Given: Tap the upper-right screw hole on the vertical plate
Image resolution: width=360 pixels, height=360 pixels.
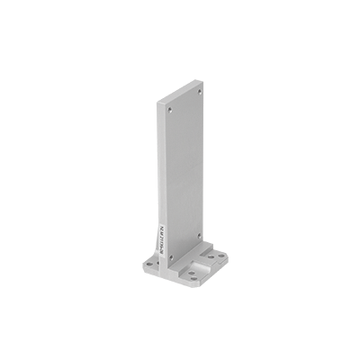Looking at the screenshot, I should pyautogui.click(x=199, y=90).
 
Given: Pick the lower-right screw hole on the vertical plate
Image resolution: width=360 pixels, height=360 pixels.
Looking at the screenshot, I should pyautogui.click(x=200, y=236).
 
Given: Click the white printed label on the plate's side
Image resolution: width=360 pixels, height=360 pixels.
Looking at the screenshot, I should pyautogui.click(x=162, y=243).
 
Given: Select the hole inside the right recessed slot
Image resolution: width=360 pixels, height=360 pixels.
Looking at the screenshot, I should pyautogui.click(x=211, y=256).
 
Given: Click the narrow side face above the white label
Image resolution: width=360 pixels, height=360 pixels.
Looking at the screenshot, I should pyautogui.click(x=162, y=171).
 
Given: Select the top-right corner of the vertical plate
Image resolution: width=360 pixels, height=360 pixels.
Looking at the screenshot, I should pyautogui.click(x=202, y=82).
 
